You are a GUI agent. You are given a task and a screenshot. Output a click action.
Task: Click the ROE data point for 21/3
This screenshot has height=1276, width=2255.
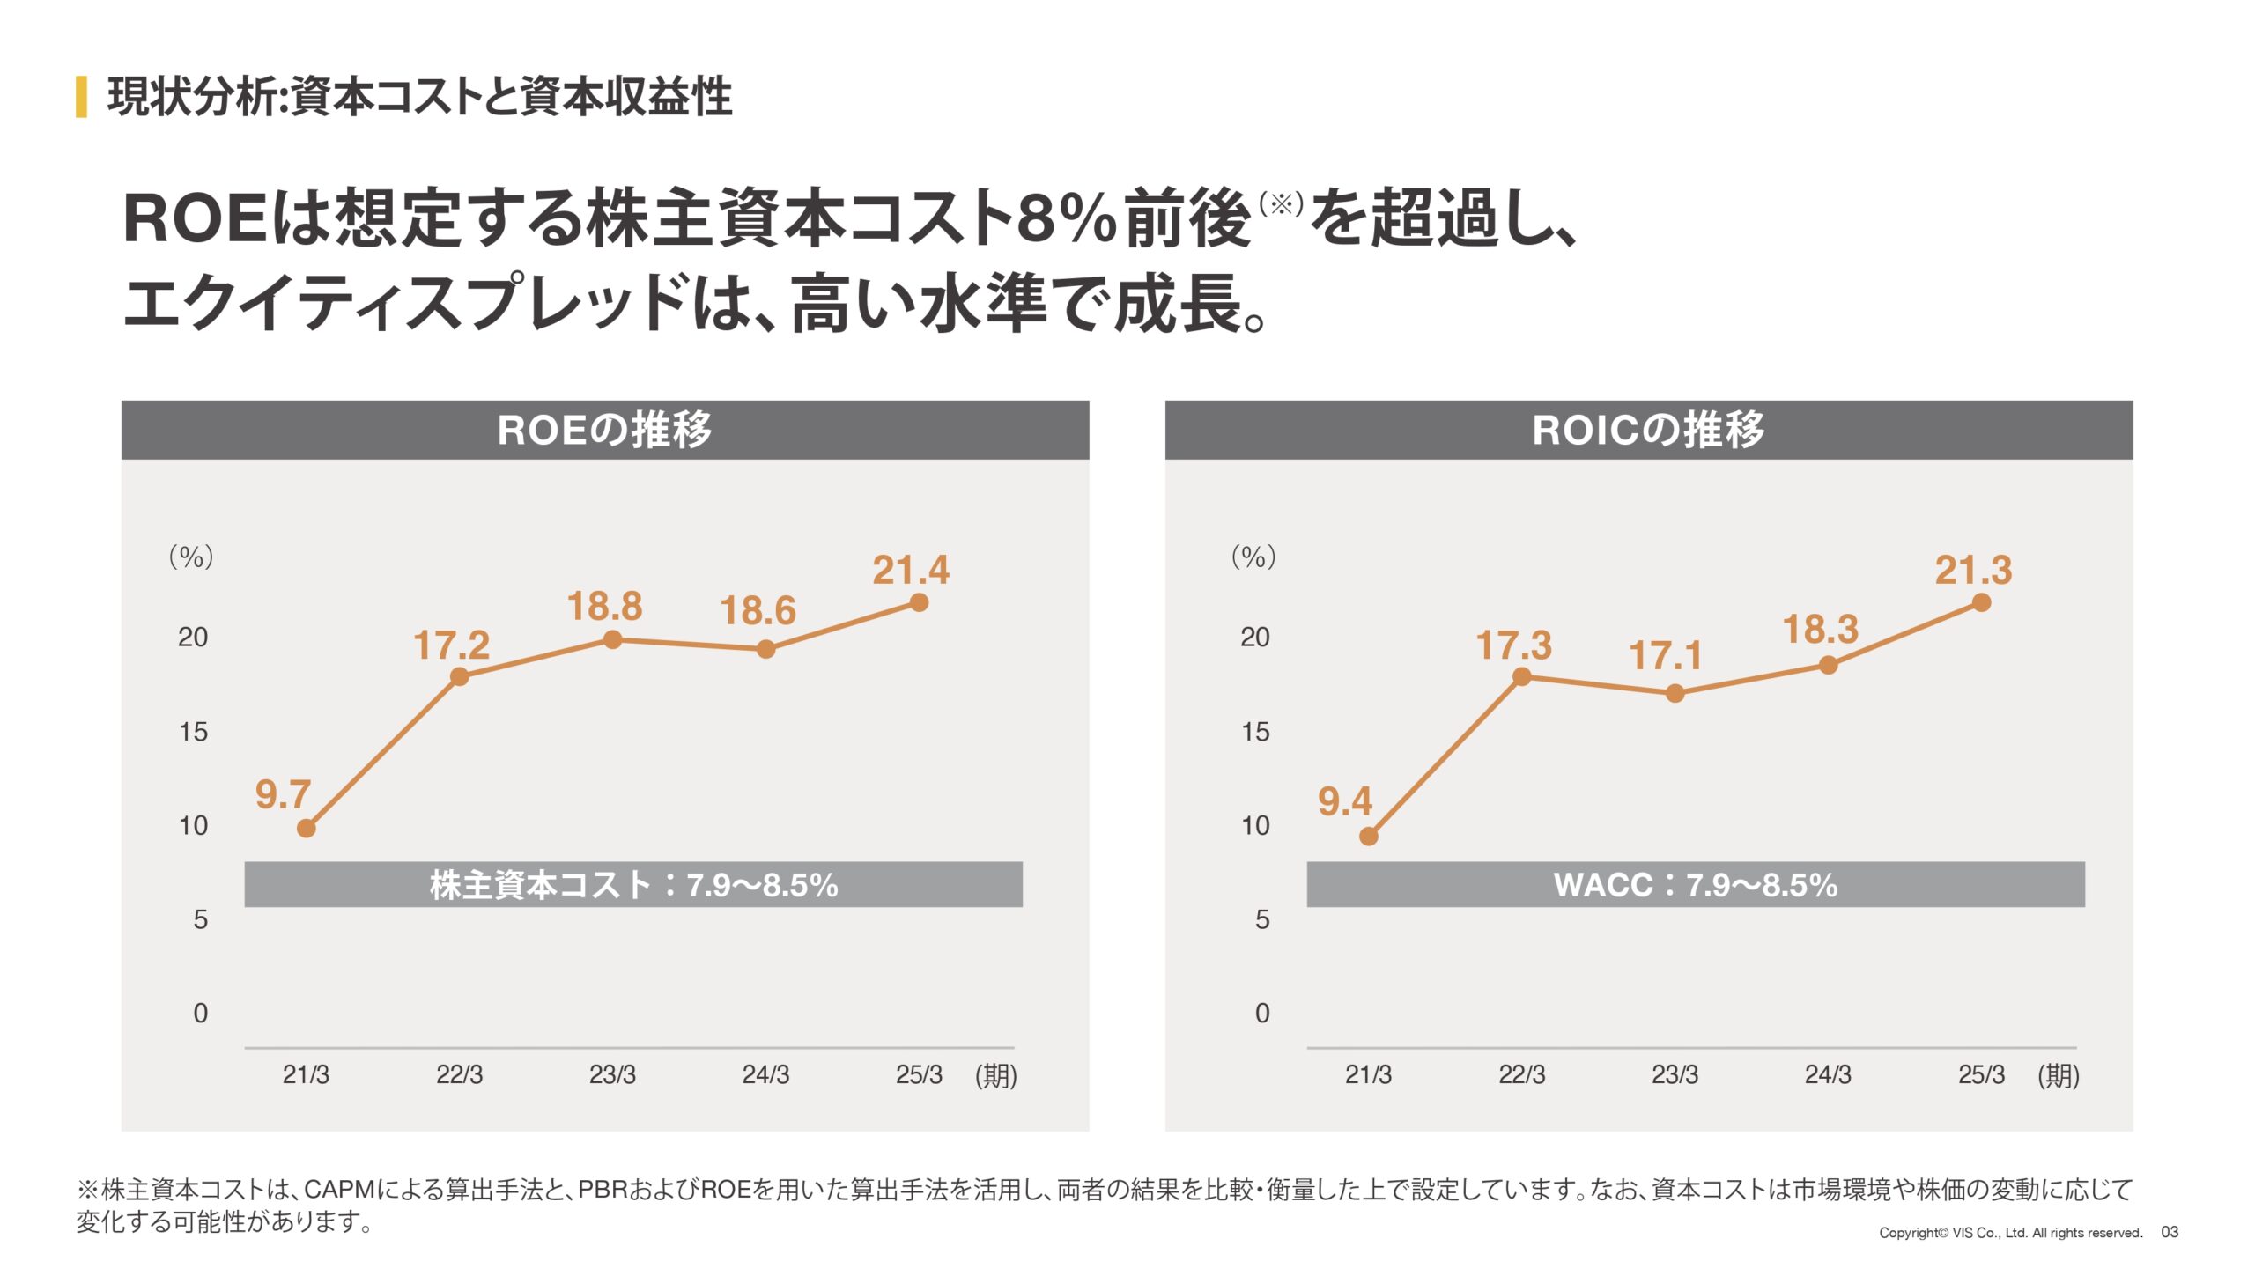(306, 828)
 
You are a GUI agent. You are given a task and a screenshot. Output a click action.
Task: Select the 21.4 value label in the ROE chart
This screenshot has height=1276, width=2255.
(911, 570)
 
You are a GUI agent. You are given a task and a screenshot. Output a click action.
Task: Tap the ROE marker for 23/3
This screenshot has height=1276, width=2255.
(613, 640)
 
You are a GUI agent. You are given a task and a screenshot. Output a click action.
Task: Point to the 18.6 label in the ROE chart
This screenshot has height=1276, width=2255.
(758, 610)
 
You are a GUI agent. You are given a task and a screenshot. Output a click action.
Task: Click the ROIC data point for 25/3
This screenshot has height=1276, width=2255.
(1981, 602)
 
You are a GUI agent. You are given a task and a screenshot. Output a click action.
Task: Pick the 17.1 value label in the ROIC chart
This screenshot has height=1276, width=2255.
(1665, 655)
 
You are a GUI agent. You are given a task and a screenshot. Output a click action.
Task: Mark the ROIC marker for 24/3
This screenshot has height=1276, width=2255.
(1828, 665)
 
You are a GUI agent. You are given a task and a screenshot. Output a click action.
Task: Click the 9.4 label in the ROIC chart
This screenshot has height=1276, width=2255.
(1344, 801)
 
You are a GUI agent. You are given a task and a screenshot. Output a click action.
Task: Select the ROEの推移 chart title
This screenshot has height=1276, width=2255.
(604, 430)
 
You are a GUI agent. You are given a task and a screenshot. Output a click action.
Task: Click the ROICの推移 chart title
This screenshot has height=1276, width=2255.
(1648, 430)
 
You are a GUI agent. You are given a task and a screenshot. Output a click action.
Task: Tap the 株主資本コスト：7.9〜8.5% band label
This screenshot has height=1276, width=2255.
(633, 884)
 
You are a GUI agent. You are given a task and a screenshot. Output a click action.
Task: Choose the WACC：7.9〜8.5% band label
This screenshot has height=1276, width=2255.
(1696, 884)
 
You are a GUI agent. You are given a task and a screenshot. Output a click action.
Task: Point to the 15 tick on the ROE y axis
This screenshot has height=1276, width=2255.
(193, 731)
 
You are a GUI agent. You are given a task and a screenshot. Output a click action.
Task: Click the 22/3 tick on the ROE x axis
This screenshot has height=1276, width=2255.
(459, 1074)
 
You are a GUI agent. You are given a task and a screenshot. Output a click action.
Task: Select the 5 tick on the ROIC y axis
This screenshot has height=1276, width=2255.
(1262, 919)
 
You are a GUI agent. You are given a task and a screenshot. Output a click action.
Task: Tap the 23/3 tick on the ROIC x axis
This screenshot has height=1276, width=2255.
(1675, 1074)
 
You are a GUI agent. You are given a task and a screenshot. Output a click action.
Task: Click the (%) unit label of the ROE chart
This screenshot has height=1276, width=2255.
(191, 557)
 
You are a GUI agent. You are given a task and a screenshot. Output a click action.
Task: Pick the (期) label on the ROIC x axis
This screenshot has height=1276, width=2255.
(2058, 1075)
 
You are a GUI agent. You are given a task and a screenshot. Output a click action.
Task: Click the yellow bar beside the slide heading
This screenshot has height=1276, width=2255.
(81, 96)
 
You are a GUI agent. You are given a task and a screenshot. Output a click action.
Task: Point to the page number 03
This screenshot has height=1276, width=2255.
(2170, 1232)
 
